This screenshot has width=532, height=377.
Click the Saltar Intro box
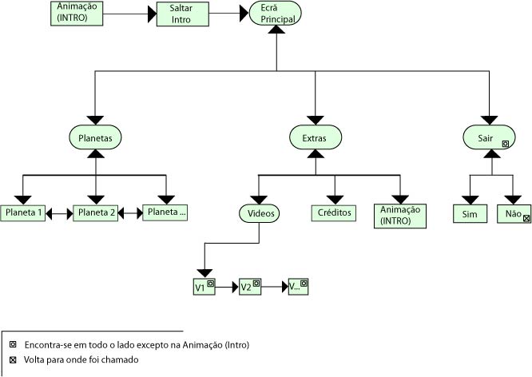click(181, 14)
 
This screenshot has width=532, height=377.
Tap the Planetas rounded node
click(94, 137)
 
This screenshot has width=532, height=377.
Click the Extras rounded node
click(313, 137)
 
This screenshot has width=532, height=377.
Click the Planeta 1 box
click(23, 213)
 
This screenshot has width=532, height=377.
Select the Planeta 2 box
click(95, 213)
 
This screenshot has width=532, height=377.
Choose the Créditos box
click(334, 213)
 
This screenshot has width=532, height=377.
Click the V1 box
click(204, 286)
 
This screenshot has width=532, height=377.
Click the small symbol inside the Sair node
click(506, 144)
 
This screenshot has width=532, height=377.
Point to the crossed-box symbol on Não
click(526, 217)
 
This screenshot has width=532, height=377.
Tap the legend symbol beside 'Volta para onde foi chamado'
click(12, 359)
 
